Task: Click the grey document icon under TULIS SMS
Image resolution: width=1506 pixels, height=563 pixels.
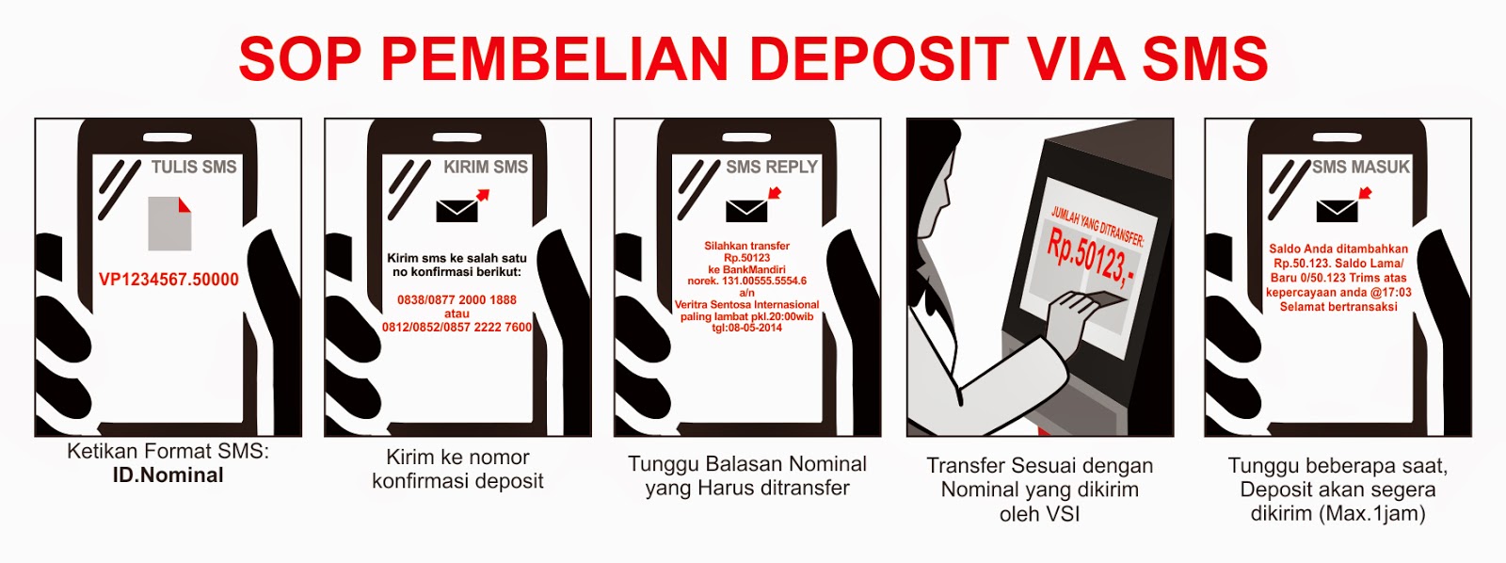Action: [x=169, y=223]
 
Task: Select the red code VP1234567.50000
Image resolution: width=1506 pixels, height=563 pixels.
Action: [x=168, y=279]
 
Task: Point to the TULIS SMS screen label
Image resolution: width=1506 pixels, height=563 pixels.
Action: [x=194, y=167]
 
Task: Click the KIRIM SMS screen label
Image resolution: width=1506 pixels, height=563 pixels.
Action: [x=486, y=167]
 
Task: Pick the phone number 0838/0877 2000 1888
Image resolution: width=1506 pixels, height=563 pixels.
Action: [x=457, y=300]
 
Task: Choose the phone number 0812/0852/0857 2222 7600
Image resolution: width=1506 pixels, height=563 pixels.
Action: [x=457, y=328]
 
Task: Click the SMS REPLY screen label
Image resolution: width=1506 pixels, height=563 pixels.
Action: [x=772, y=167]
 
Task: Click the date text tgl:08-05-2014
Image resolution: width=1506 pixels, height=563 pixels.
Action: [x=747, y=329]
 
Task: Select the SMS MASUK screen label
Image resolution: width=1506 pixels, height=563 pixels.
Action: [x=1361, y=167]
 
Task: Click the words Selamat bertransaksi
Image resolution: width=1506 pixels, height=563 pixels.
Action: [x=1338, y=308]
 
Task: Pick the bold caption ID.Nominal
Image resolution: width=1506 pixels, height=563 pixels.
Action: [x=168, y=475]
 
